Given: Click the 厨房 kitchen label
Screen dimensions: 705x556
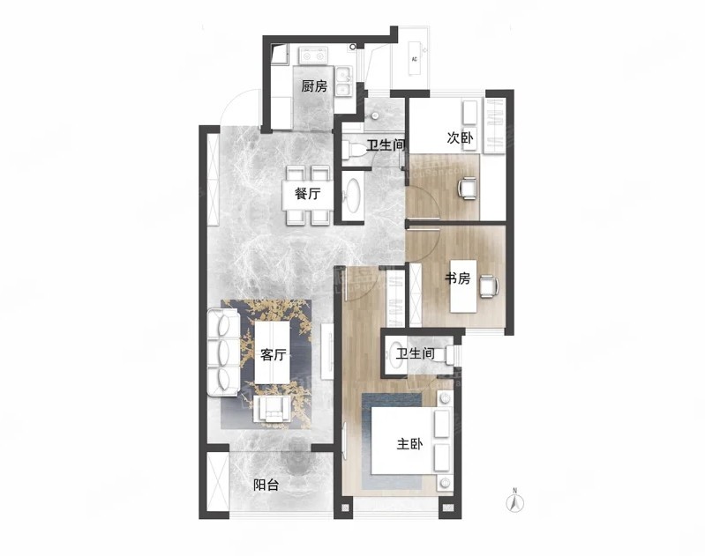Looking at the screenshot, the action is tap(314, 85).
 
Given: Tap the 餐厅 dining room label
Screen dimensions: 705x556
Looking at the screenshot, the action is tap(308, 194).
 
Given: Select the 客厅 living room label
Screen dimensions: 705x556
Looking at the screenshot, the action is tap(273, 355).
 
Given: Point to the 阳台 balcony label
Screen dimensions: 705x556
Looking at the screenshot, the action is tap(266, 485).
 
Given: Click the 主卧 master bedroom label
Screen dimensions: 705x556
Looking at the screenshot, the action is tap(409, 444).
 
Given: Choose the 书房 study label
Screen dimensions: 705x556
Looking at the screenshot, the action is tap(457, 279).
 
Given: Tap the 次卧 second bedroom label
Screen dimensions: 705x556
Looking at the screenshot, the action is tap(460, 137).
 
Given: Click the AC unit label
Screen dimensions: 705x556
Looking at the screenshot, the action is tap(414, 59).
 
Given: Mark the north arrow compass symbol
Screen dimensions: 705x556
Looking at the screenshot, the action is tap(515, 500).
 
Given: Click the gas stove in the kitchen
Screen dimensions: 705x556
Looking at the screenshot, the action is tap(313, 56).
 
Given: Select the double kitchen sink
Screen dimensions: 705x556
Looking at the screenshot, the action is tap(345, 81).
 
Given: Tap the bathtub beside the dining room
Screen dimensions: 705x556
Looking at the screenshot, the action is tap(352, 196).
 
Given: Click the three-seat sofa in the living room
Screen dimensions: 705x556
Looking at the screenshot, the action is tap(223, 352).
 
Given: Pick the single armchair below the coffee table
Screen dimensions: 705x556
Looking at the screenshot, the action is tap(272, 410).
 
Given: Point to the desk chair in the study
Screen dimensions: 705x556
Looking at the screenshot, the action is tap(489, 285).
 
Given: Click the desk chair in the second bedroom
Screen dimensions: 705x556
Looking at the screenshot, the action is tap(467, 188).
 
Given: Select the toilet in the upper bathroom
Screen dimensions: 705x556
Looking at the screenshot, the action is tap(353, 150).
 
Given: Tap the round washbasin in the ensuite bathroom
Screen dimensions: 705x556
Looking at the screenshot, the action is tap(395, 355).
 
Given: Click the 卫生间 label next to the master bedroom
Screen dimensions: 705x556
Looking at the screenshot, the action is tap(416, 353).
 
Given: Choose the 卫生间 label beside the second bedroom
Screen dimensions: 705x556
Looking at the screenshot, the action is tap(386, 145).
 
